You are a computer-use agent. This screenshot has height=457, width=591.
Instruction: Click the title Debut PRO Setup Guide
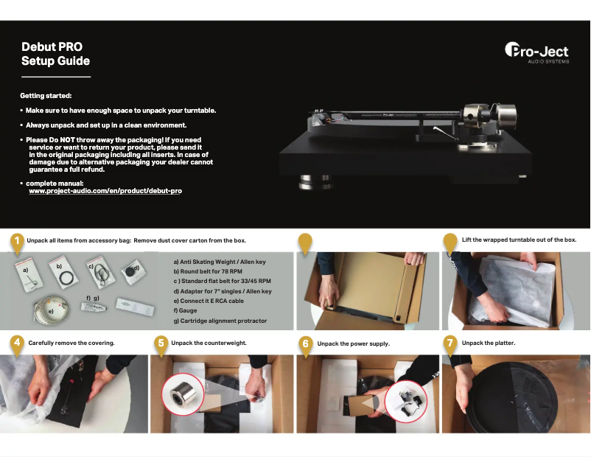(56, 54)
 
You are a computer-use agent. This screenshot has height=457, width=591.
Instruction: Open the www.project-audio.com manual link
(105, 190)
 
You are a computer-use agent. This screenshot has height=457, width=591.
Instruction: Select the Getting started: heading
(46, 96)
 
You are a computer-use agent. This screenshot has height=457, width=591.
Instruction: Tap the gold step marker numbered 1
(16, 240)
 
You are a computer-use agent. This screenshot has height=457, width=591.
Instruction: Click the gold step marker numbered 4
(16, 343)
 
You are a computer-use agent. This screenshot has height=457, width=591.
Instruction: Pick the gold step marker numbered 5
(161, 343)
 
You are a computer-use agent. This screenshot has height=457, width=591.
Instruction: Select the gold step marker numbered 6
(306, 343)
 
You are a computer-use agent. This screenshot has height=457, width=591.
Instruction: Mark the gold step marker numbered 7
(451, 343)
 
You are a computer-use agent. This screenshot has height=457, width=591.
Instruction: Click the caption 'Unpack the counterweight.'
(209, 343)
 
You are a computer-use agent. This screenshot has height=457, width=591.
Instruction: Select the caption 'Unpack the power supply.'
(353, 343)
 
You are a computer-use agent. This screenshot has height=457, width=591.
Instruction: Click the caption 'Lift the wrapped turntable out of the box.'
(519, 240)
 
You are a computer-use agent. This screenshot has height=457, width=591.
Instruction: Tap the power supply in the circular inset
(408, 402)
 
